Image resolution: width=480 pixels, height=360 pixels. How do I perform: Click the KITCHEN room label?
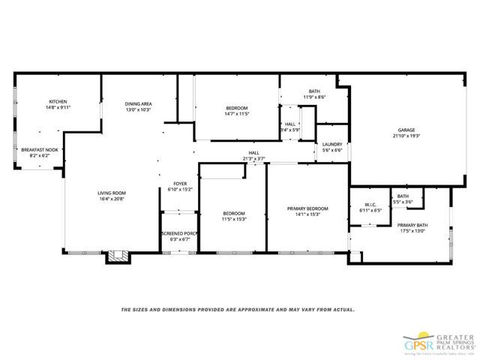click(59, 102)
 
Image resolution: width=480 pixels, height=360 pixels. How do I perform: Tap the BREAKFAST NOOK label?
click(40, 149)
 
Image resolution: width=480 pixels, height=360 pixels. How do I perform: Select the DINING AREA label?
click(139, 103)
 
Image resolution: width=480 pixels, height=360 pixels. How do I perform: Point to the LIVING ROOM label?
click(111, 193)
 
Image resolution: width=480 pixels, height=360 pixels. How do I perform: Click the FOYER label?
click(180, 183)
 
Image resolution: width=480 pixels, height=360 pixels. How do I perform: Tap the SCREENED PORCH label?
click(179, 233)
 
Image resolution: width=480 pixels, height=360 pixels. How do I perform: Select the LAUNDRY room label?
click(332, 144)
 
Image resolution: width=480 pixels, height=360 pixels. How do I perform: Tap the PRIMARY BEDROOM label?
click(308, 208)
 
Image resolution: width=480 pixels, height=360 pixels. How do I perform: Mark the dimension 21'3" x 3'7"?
click(254, 158)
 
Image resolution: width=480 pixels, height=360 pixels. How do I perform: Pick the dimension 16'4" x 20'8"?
click(111, 199)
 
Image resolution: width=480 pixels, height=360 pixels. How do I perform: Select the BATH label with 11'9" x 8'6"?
click(314, 91)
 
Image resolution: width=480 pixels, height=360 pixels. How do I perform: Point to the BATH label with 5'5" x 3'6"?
click(403, 196)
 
